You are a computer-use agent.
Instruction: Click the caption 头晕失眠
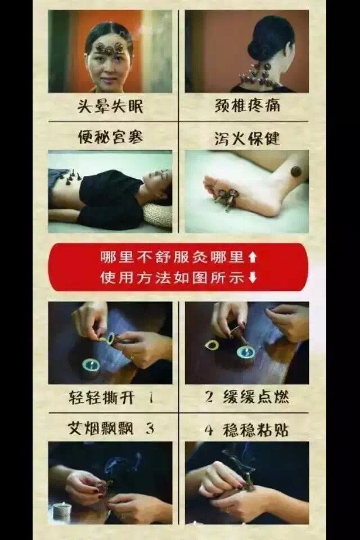pyautogui.click(x=110, y=106)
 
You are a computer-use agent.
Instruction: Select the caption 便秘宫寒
pyautogui.click(x=110, y=137)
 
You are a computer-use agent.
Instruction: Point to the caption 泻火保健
pyautogui.click(x=247, y=138)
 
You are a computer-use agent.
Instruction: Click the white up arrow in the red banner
pyautogui.click(x=253, y=257)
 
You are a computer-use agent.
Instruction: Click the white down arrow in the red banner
pyautogui.click(x=253, y=277)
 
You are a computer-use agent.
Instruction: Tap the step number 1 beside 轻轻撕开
pyautogui.click(x=151, y=398)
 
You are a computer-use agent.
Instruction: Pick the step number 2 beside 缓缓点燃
pyautogui.click(x=209, y=397)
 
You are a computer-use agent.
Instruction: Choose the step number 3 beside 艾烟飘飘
pyautogui.click(x=150, y=429)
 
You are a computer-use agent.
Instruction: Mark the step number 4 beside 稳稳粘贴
pyautogui.click(x=209, y=430)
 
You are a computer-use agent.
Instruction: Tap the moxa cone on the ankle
pyautogui.click(x=296, y=171)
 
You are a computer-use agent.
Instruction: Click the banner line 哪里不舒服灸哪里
pyautogui.click(x=172, y=257)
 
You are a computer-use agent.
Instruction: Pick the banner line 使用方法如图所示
pyautogui.click(x=172, y=277)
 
